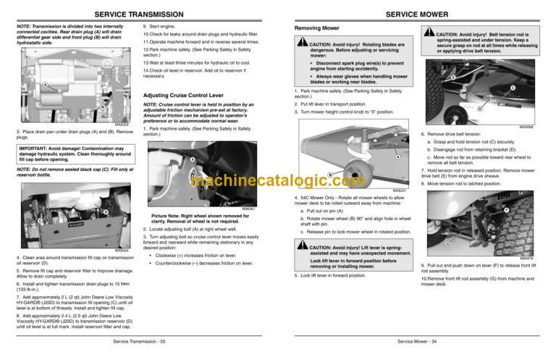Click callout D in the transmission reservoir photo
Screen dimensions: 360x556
(104, 211)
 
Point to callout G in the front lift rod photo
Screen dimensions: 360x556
(448, 243)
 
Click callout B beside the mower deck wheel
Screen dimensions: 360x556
(330, 175)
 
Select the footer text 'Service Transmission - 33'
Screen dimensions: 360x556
(138, 341)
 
